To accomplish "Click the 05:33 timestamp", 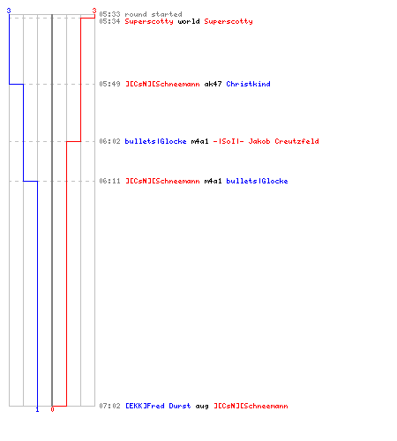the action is click(x=109, y=14).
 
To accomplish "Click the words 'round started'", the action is click(x=154, y=14).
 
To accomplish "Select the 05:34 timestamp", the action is click(x=109, y=21).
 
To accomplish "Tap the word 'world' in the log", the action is click(x=189, y=21).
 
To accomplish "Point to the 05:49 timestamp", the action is click(x=109, y=84).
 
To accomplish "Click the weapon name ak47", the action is click(x=213, y=84).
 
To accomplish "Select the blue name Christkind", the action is click(x=248, y=84).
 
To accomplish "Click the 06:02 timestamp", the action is click(x=109, y=141).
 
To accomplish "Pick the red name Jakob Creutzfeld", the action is click(x=283, y=141).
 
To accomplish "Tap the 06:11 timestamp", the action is click(x=109, y=181).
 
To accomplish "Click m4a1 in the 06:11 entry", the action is click(x=213, y=181).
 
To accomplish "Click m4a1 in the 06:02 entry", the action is click(x=199, y=141).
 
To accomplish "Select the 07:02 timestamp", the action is click(x=109, y=406).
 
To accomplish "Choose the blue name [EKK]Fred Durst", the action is click(x=158, y=406).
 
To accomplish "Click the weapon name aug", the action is click(x=202, y=406).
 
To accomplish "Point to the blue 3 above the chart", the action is click(x=9, y=11).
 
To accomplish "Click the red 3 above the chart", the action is click(x=94, y=11).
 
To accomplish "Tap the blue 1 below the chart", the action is click(x=37, y=409).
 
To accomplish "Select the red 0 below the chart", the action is click(x=52, y=409).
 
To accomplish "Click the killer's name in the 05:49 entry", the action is click(x=162, y=84).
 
